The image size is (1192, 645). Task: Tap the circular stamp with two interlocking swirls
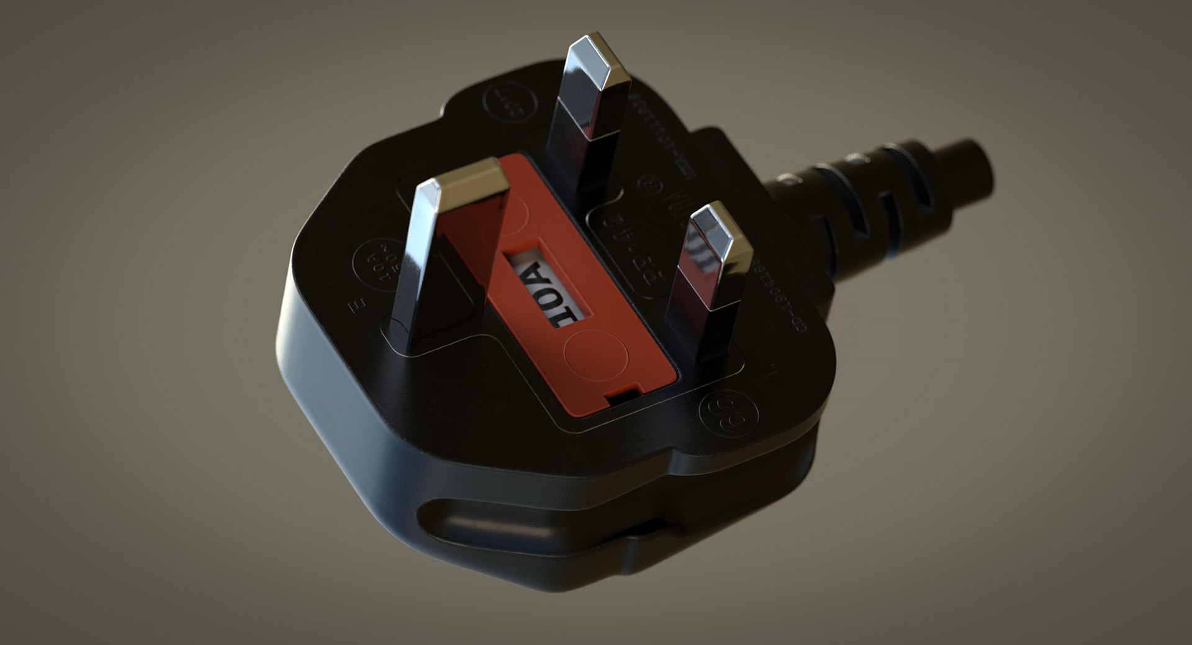tap(728, 413)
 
